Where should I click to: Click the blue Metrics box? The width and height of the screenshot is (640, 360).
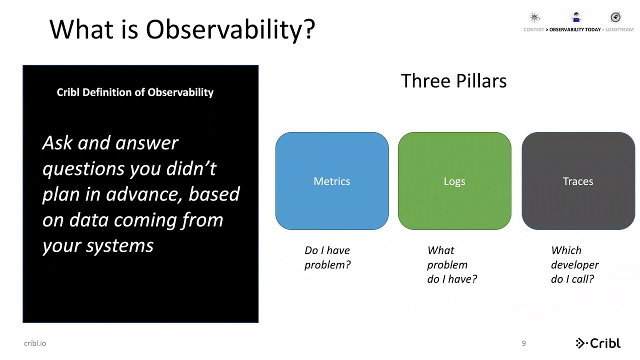point(331,181)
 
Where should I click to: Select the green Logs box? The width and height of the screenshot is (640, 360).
point(454,181)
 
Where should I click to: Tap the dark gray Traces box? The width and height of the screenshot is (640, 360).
point(578,181)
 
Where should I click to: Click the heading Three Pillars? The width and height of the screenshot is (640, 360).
point(453,81)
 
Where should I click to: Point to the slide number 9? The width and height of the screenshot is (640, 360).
point(523,343)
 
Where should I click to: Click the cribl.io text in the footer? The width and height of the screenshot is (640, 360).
point(35,343)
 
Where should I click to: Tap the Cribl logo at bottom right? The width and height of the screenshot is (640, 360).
point(598,343)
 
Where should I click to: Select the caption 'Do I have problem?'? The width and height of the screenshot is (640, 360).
point(327,257)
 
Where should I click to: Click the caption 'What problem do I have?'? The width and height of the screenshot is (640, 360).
point(452,265)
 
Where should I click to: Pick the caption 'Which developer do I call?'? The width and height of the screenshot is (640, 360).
point(574,265)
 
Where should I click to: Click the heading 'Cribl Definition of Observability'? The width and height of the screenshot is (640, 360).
point(135,92)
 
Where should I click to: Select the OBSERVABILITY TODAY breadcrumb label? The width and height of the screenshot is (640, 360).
point(575,29)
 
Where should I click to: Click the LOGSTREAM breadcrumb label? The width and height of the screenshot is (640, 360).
point(619,29)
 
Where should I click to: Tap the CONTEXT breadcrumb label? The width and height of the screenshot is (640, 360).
point(534,29)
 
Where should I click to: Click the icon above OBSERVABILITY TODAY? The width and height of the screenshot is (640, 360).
point(576,17)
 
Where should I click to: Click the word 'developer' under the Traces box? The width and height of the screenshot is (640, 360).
point(574,265)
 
